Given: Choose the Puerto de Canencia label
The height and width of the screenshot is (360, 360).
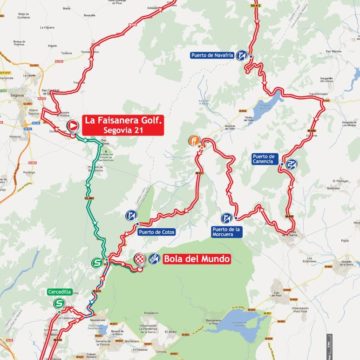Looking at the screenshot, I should [265, 160].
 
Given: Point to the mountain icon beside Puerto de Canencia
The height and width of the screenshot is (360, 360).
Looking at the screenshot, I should [291, 163].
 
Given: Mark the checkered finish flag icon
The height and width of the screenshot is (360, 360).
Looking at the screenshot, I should [140, 259].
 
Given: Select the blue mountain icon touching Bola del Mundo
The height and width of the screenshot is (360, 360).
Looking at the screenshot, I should [154, 259].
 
